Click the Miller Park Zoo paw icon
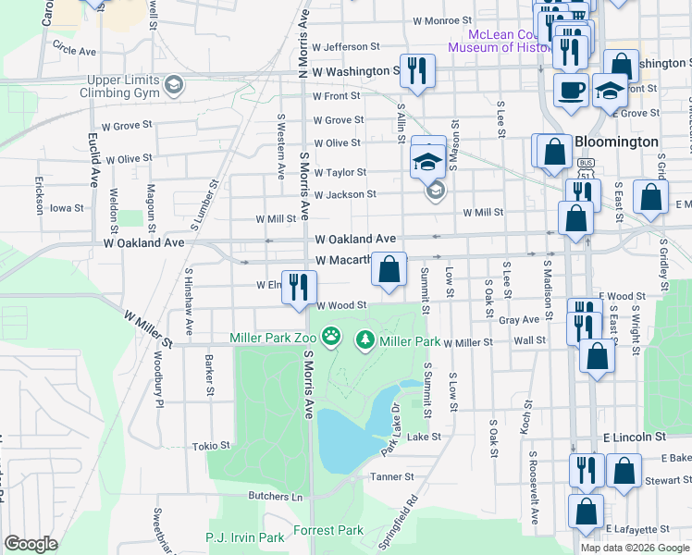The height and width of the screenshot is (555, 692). (330, 335)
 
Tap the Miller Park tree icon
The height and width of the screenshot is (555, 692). (366, 341)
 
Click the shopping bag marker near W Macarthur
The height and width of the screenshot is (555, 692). (389, 270)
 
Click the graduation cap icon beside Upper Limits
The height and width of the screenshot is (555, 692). (172, 86)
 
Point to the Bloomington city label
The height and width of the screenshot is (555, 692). (616, 142)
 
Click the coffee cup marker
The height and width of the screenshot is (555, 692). (570, 91)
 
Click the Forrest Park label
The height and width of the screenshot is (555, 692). (328, 531)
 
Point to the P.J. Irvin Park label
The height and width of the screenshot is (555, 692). (245, 537)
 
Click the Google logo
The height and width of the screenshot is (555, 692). (31, 544)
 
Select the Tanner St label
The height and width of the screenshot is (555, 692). (392, 477)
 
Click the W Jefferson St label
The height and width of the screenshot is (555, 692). (346, 46)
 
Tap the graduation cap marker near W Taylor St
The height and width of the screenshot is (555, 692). (428, 160)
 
